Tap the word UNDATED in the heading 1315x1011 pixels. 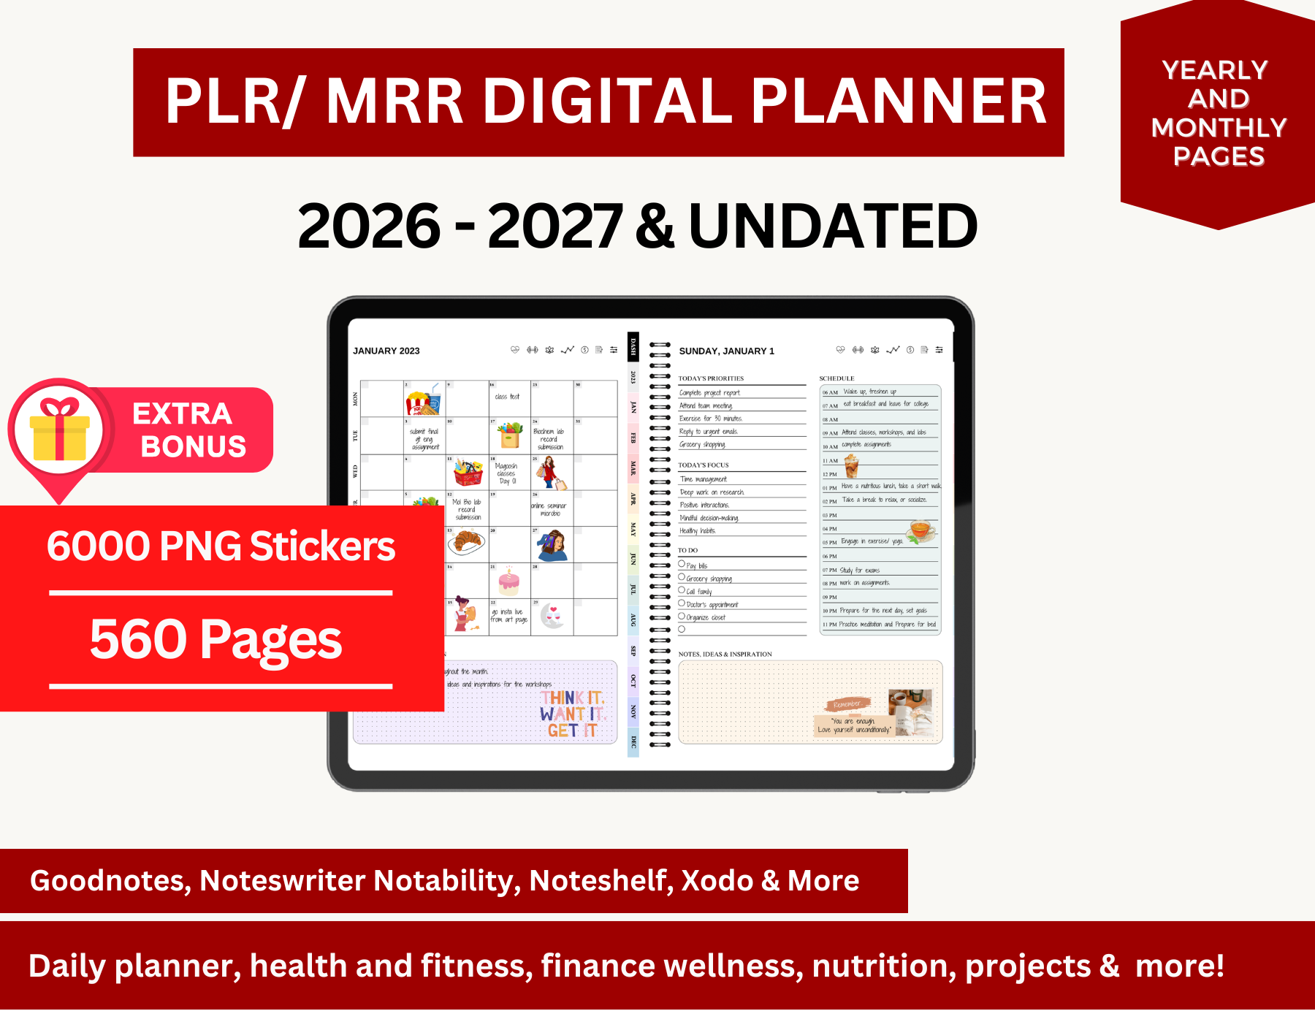(833, 226)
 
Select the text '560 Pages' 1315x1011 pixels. (216, 639)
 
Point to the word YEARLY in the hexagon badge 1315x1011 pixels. (1215, 71)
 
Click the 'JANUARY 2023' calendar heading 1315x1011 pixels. (386, 351)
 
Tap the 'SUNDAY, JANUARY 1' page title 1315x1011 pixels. (726, 351)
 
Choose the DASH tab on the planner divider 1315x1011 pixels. (633, 346)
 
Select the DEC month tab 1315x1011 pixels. (633, 742)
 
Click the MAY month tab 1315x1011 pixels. (633, 529)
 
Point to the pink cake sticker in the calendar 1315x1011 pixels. (508, 581)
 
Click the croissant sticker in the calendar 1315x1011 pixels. (467, 541)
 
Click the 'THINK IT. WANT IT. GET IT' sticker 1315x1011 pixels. (572, 714)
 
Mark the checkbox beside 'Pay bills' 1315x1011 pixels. (682, 565)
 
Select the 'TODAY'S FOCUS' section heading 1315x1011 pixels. (703, 465)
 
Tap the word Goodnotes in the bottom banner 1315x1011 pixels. (110, 881)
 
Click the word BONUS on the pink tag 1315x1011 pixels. (194, 446)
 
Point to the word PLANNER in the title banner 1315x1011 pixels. (899, 102)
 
